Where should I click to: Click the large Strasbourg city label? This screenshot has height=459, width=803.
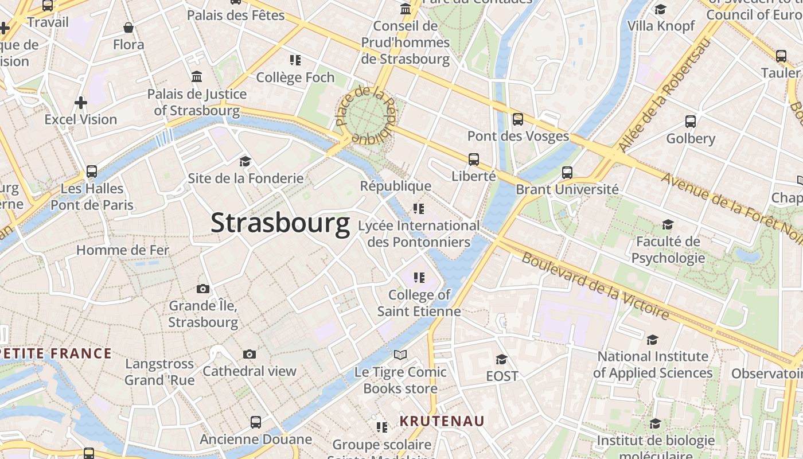pyautogui.click(x=280, y=223)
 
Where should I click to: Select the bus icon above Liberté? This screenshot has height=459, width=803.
pyautogui.click(x=473, y=160)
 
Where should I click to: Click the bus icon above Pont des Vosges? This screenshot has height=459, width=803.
pyautogui.click(x=517, y=119)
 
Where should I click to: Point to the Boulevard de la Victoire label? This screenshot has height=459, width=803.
pyautogui.click(x=595, y=285)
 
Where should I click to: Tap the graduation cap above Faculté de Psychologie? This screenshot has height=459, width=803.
pyautogui.click(x=668, y=224)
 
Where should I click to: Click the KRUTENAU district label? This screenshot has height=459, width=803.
pyautogui.click(x=442, y=421)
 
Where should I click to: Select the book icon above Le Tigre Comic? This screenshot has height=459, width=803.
pyautogui.click(x=400, y=355)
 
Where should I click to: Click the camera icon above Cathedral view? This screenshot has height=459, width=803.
pyautogui.click(x=249, y=354)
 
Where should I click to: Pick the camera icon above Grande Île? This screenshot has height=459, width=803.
pyautogui.click(x=202, y=289)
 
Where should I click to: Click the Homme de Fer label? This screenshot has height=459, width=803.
pyautogui.click(x=123, y=250)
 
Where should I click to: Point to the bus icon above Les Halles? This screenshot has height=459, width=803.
pyautogui.click(x=91, y=171)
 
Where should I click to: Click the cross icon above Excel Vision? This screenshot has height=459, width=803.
pyautogui.click(x=81, y=103)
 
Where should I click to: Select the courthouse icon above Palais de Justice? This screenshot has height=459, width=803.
pyautogui.click(x=197, y=77)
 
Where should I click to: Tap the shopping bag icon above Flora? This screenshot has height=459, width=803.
pyautogui.click(x=128, y=28)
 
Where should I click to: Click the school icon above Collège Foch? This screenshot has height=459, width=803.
pyautogui.click(x=295, y=60)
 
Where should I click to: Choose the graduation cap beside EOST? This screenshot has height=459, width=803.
pyautogui.click(x=501, y=359)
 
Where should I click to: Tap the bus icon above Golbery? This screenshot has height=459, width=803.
pyautogui.click(x=690, y=122)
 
